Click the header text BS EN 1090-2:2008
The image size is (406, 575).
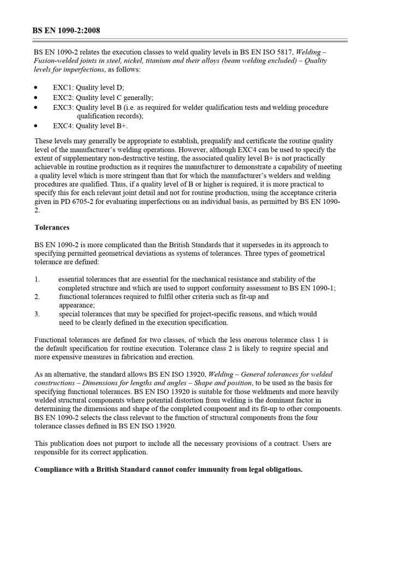tap(66, 31)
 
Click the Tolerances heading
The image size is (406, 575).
tap(52, 227)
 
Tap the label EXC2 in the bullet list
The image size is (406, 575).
tap(63, 98)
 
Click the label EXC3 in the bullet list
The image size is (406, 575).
tap(63, 108)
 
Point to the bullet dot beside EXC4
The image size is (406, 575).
tap(36, 126)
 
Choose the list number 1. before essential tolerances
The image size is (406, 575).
tap(37, 279)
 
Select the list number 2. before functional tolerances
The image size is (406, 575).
tap(37, 297)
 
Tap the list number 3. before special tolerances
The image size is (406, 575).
tap(37, 314)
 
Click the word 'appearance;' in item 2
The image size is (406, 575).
tap(77, 306)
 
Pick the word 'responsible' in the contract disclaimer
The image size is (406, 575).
tap(53, 453)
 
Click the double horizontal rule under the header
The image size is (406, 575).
tap(190, 40)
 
